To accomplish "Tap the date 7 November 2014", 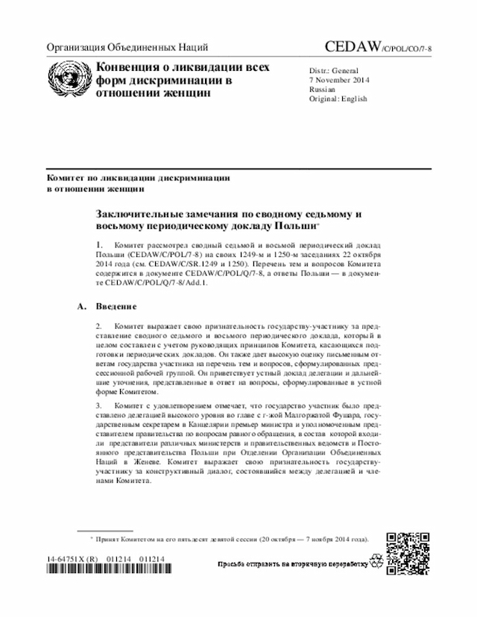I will (339, 80).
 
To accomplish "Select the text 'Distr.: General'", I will (333, 70).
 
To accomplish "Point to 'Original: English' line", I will (338, 98).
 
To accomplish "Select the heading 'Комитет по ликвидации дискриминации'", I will (138, 179).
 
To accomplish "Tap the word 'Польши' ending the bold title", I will (294, 226).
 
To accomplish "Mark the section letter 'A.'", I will (82, 306).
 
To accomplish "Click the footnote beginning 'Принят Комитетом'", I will (231, 537).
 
